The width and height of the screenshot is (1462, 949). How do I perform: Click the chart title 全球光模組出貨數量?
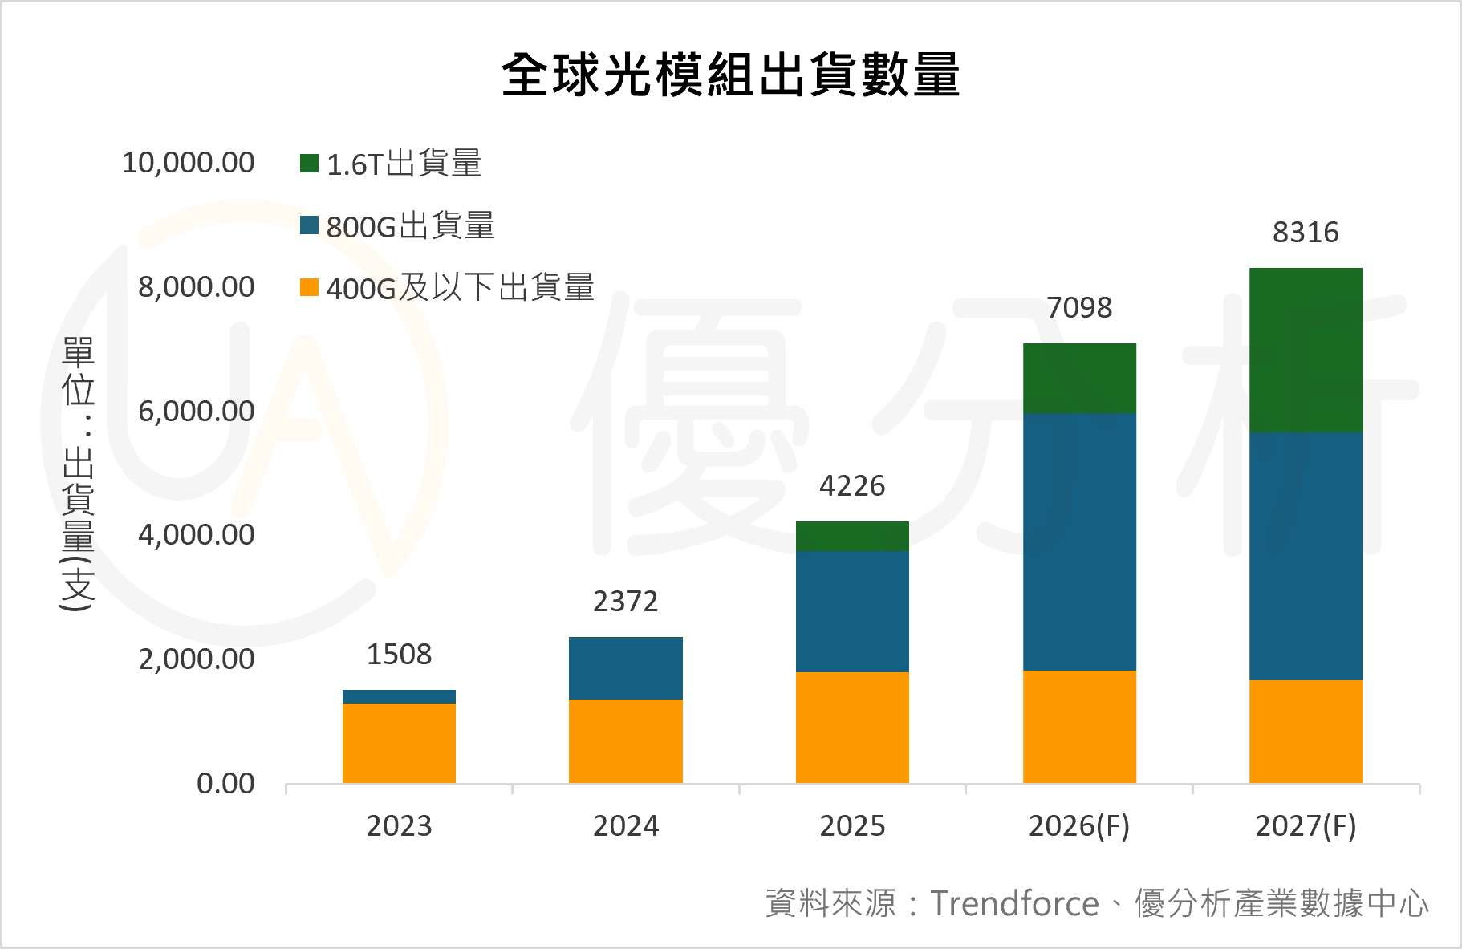pyautogui.click(x=730, y=75)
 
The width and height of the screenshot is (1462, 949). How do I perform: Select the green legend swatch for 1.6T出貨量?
pyautogui.click(x=309, y=164)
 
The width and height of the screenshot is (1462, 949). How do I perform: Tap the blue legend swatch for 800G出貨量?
pyautogui.click(x=309, y=225)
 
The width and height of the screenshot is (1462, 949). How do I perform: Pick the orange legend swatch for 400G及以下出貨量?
pyautogui.click(x=309, y=287)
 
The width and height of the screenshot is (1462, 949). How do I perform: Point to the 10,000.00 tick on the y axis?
pyautogui.click(x=188, y=163)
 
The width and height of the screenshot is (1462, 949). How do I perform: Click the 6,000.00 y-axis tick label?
pyautogui.click(x=196, y=412)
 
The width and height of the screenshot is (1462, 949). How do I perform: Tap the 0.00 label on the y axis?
pyautogui.click(x=225, y=784)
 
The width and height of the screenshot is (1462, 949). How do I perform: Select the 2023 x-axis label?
pyautogui.click(x=399, y=825)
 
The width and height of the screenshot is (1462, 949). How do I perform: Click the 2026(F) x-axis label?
pyautogui.click(x=1078, y=825)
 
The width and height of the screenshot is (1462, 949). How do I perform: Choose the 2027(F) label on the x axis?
pyautogui.click(x=1306, y=825)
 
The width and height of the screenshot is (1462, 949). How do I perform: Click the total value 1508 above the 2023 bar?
pyautogui.click(x=399, y=655)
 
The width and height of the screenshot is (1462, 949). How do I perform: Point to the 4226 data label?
pyautogui.click(x=852, y=486)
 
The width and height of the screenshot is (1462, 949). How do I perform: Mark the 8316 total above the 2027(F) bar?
pyautogui.click(x=1306, y=233)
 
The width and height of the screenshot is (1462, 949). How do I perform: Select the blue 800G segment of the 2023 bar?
pyautogui.click(x=399, y=696)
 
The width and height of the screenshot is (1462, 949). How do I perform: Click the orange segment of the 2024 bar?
pyautogui.click(x=626, y=741)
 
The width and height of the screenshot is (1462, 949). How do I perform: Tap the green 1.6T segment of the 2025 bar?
pyautogui.click(x=852, y=536)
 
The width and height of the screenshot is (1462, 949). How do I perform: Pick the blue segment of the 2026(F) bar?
pyautogui.click(x=1079, y=541)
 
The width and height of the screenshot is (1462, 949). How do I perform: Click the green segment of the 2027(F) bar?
pyautogui.click(x=1306, y=350)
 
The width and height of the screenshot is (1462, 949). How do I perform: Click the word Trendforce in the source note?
pyautogui.click(x=1014, y=904)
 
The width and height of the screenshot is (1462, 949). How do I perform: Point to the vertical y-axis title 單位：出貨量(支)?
pyautogui.click(x=78, y=473)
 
